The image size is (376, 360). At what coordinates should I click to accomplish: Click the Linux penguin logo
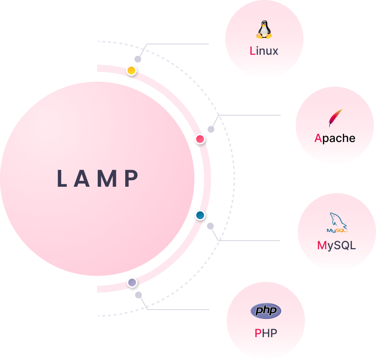coord(264,29)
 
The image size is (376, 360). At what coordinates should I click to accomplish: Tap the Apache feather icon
coord(335,118)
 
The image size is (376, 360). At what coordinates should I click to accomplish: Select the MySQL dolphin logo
coord(337,223)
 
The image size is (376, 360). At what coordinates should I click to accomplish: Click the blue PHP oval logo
coord(266,311)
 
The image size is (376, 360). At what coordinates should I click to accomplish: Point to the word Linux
coord(264,51)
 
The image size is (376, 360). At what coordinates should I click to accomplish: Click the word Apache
coord(335,138)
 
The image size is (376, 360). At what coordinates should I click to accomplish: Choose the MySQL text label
coord(337,245)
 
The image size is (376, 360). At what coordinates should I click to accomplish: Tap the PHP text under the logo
coord(266,333)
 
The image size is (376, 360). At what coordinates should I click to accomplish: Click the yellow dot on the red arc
coord(131,71)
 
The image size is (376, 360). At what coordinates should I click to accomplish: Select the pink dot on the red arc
coord(200,139)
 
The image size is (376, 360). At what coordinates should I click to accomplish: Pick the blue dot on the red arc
coord(200,215)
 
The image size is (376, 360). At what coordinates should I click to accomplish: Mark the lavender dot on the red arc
coord(132,283)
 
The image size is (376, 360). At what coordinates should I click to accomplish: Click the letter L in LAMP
coord(62,179)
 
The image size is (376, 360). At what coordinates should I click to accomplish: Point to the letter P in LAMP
coord(132,179)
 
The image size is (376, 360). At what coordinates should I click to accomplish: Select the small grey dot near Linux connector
coord(138,59)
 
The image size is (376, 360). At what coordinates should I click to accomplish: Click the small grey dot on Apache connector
coord(211,129)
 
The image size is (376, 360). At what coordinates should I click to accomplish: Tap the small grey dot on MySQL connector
coord(210,226)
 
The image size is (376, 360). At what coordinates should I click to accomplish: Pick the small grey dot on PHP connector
coord(139,295)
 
